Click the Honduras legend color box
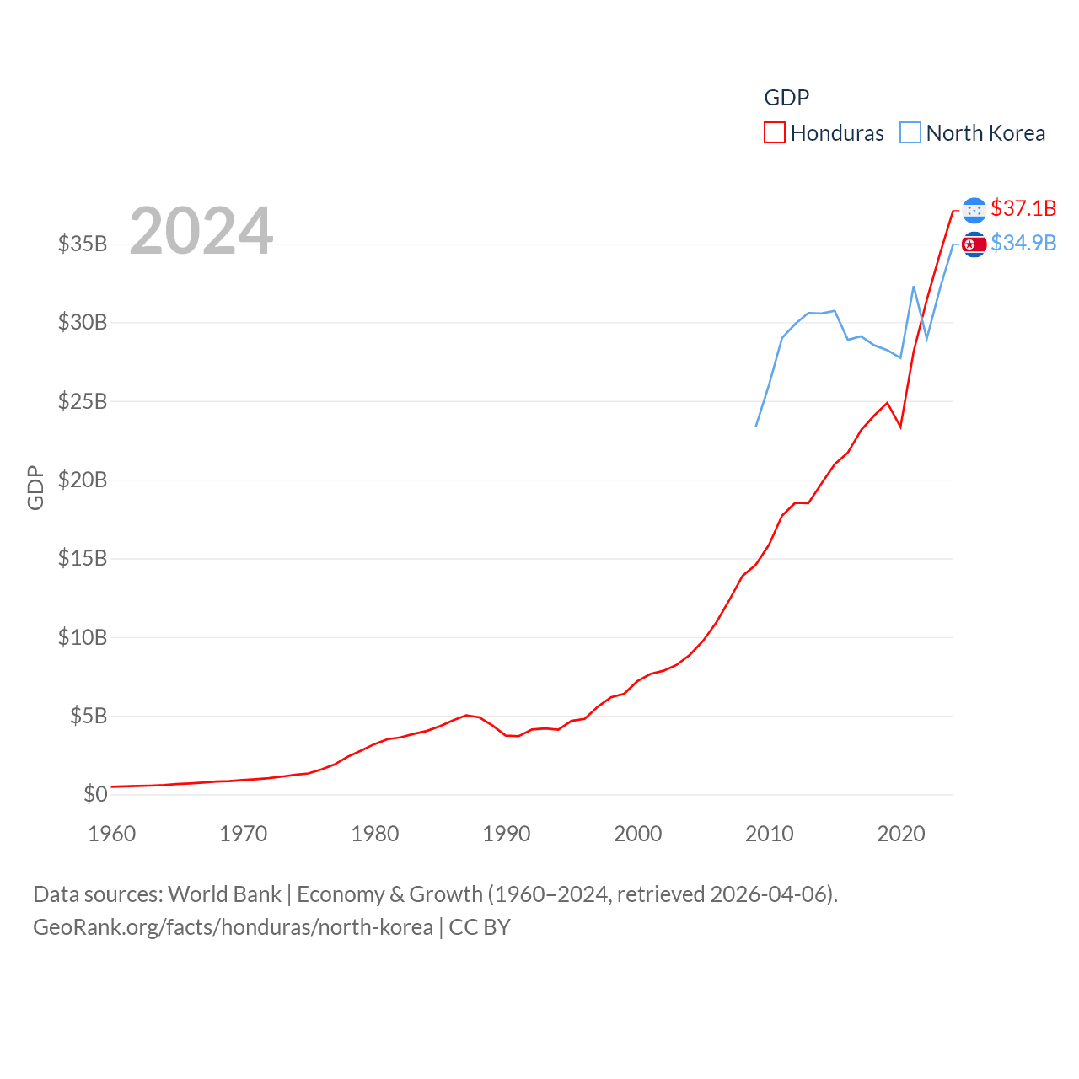[774, 133]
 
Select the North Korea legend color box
[910, 133]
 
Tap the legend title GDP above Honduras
[786, 98]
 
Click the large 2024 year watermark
[201, 230]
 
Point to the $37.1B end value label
[1023, 208]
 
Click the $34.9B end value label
[1023, 243]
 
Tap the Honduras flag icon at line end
[974, 210]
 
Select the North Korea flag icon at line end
[974, 244]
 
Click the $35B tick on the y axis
[83, 244]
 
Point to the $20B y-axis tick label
[83, 480]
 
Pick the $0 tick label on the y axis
[95, 794]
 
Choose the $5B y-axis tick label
[89, 716]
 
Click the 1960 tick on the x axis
[112, 834]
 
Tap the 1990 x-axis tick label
[507, 834]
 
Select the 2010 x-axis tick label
[770, 834]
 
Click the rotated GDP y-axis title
[35, 487]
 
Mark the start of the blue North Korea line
[756, 426]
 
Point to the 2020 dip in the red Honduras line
[900, 427]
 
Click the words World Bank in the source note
[225, 894]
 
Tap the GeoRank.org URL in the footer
[233, 927]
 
